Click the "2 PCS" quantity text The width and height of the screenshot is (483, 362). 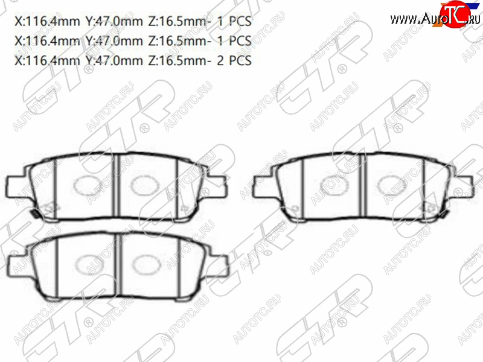(234, 60)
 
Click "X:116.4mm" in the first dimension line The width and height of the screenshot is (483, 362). (47, 21)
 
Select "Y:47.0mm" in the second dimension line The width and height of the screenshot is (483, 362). (114, 40)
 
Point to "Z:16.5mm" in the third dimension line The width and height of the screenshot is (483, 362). (178, 60)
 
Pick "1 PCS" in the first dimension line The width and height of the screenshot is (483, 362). (234, 21)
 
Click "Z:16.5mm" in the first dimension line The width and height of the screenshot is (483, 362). (178, 21)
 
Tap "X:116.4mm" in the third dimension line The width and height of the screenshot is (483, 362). (47, 60)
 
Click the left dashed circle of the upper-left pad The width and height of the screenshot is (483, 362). (88, 185)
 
